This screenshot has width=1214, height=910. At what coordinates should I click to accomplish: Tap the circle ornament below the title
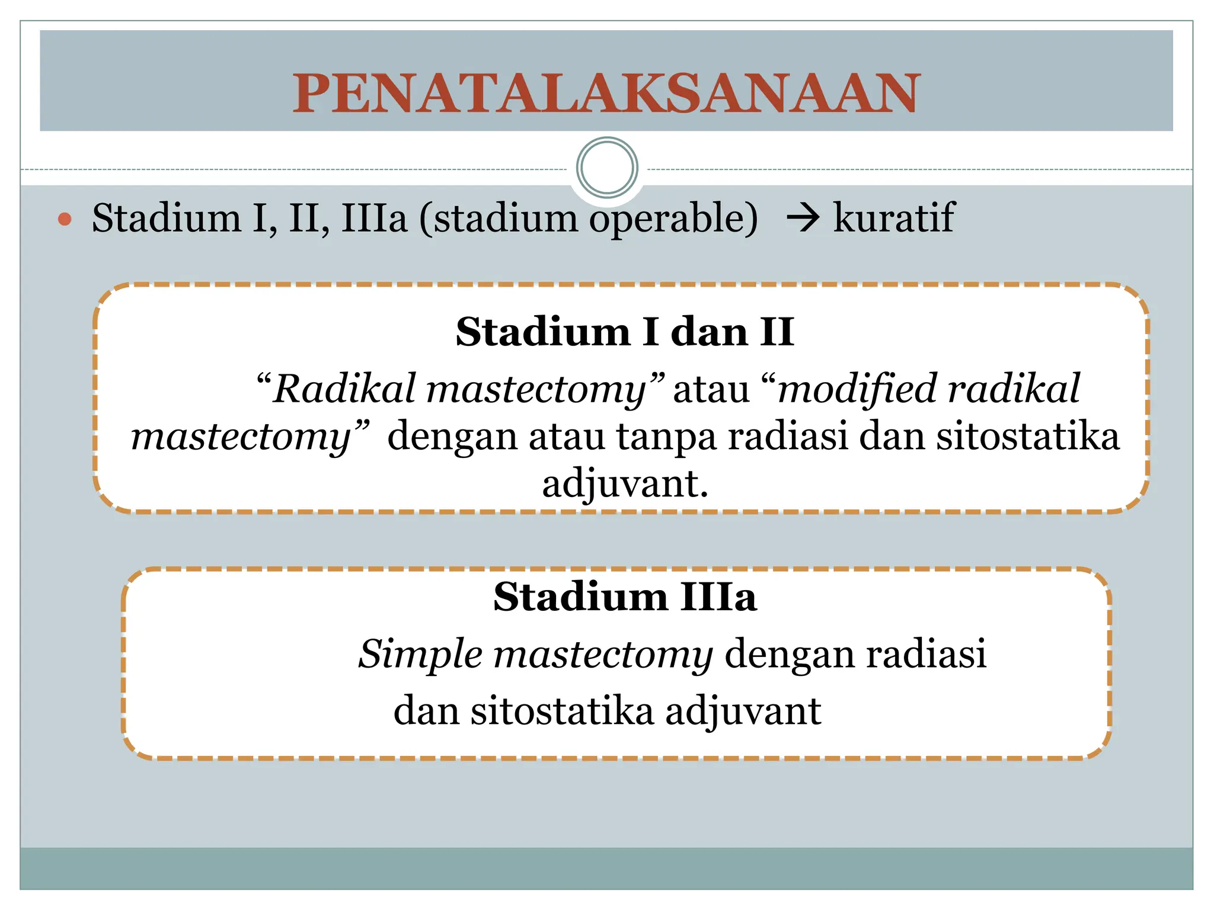coord(606,168)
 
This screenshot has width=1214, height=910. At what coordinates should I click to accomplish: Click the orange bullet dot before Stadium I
coord(65,220)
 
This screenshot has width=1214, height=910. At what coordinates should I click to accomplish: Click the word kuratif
coord(893,217)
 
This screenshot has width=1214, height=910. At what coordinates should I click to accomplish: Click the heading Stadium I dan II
coord(624,332)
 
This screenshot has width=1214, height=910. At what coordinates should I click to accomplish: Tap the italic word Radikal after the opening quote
coord(344,389)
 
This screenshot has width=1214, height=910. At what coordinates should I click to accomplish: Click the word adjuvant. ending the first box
coord(625,483)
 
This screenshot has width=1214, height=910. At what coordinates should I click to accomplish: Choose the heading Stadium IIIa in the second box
coord(625,597)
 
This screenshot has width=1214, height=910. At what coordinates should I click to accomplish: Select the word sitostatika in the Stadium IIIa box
coord(562,710)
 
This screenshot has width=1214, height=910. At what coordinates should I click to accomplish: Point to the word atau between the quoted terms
coord(711,390)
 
